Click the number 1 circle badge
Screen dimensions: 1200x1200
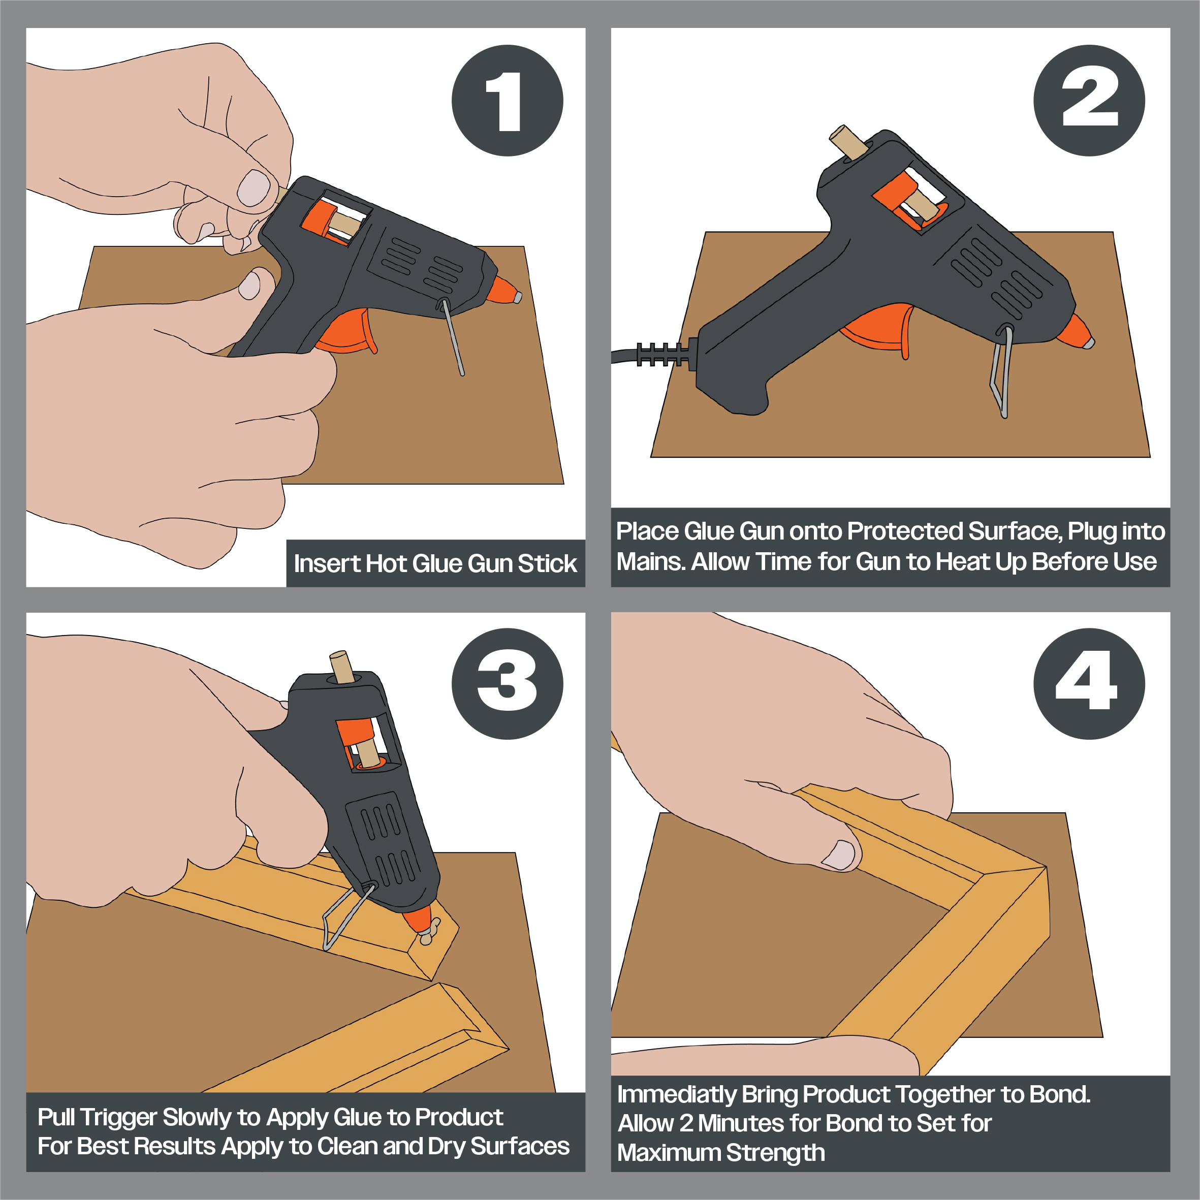[507, 101]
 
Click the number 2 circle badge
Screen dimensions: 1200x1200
[1089, 101]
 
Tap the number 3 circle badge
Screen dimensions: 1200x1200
[507, 684]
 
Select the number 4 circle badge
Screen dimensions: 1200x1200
[1089, 684]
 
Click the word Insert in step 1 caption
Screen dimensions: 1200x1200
[327, 563]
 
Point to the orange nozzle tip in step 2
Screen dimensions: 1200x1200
[1076, 332]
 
